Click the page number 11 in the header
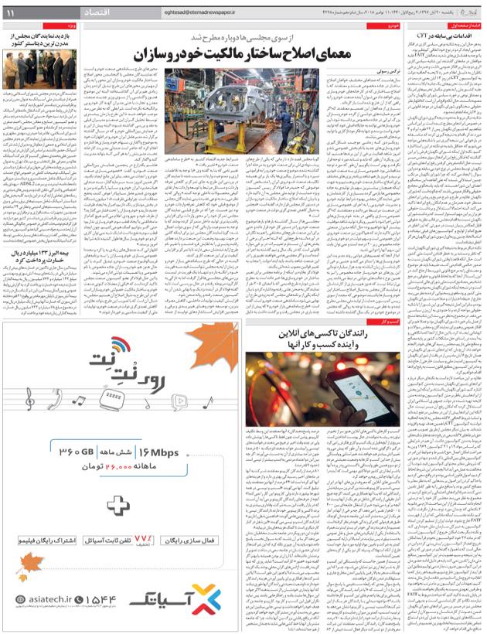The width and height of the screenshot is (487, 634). [13, 14]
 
